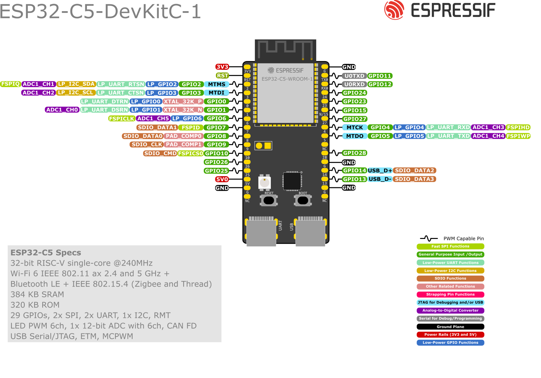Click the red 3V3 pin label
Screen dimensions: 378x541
(222, 67)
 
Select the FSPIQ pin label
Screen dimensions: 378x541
(10, 84)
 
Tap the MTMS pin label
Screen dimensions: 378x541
(216, 84)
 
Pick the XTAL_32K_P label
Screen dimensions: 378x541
(183, 101)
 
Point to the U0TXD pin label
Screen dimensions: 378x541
(354, 76)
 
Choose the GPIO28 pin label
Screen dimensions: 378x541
(354, 153)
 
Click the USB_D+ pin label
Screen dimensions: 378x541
(380, 170)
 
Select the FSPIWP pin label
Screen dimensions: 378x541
(518, 136)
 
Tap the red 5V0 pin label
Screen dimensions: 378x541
(222, 179)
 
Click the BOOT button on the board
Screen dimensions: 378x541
(303, 200)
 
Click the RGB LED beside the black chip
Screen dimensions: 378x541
(264, 183)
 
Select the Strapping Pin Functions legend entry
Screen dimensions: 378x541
(450, 294)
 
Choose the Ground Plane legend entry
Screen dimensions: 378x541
(450, 327)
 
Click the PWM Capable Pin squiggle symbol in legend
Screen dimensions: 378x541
(428, 239)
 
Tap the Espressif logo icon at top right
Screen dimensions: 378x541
(394, 10)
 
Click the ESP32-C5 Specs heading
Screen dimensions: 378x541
(46, 253)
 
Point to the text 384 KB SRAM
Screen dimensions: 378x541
(37, 295)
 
